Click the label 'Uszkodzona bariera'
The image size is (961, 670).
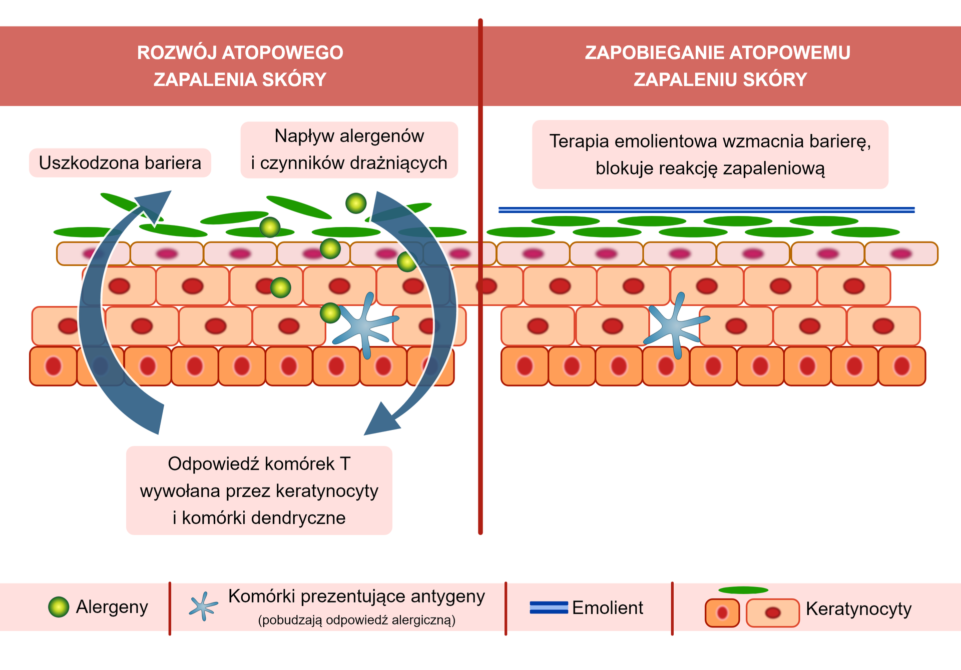click(120, 163)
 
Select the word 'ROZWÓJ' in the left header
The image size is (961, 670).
click(176, 52)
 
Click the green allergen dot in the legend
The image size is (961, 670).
click(59, 607)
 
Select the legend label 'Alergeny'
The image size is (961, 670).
click(112, 607)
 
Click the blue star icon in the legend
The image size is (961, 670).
click(203, 606)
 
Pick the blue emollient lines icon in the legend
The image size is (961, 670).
click(549, 607)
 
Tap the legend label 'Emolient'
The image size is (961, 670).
click(607, 608)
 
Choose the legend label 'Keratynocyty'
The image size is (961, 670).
click(858, 609)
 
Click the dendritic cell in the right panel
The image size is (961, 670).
click(675, 326)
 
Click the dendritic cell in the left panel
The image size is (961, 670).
click(364, 326)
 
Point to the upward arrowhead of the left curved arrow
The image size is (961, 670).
click(155, 205)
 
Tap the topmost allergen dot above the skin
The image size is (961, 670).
click(356, 203)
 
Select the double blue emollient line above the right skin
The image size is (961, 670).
click(706, 210)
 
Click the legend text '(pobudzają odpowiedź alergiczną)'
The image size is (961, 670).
click(356, 620)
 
